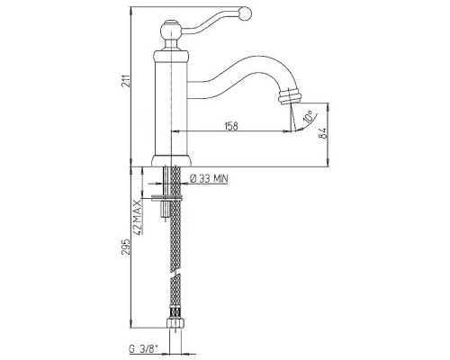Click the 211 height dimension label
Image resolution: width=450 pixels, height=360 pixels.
coord(127,80)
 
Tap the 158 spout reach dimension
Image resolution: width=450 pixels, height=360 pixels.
coord(231,126)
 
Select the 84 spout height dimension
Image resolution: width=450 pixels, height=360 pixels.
coord(323,132)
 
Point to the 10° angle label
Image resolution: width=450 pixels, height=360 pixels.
coord(309,117)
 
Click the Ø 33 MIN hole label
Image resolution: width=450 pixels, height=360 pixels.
coord(209,179)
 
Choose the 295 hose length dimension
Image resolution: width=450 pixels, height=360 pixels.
coord(127,247)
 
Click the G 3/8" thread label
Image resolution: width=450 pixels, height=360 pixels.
coord(144,349)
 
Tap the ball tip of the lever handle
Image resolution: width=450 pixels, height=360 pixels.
coord(246,13)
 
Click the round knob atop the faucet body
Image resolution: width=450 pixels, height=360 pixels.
coord(170,30)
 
